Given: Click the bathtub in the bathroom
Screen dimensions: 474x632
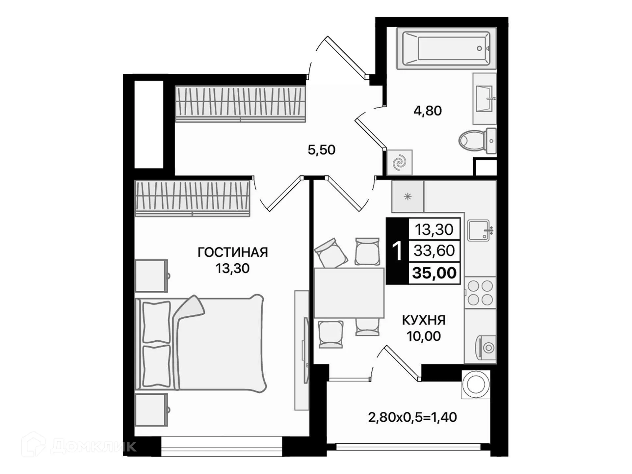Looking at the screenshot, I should (x=446, y=48).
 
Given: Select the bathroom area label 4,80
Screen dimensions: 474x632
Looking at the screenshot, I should (x=427, y=111).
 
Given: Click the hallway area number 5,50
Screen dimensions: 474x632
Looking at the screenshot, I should (x=321, y=150).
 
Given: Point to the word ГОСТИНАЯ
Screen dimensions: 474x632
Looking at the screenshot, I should (x=232, y=252).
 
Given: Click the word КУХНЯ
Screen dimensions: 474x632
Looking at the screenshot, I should (x=424, y=320).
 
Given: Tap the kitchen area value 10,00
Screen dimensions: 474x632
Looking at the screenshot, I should (x=423, y=336).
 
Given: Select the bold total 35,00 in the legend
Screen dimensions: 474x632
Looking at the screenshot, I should (x=434, y=273).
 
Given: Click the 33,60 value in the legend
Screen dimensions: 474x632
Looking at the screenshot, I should (x=434, y=251).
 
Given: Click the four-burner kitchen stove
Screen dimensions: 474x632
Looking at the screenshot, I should (x=480, y=293).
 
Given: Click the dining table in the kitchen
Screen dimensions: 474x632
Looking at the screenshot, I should (x=349, y=293).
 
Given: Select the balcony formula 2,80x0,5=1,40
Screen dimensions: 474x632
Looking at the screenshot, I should (x=412, y=417).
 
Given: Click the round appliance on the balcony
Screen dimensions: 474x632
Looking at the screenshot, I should (x=476, y=384).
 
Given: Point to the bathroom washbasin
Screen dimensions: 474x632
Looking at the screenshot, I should (x=484, y=99).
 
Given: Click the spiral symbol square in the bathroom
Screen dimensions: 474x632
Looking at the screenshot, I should (x=399, y=163).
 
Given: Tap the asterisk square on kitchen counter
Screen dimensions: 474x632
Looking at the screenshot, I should (x=408, y=197).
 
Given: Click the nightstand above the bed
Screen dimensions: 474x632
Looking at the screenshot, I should (x=151, y=276).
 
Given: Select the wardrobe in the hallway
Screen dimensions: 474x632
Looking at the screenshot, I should (x=240, y=104).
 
